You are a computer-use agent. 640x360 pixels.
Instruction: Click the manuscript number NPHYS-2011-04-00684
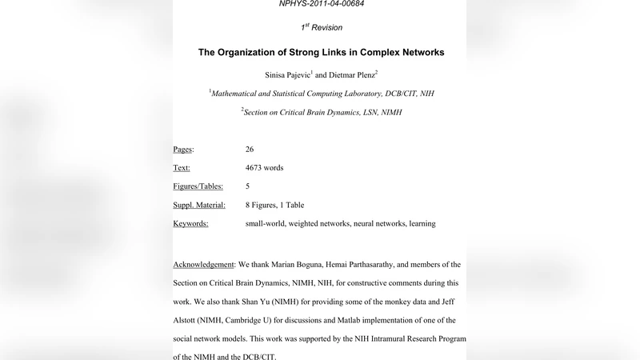pyautogui.click(x=320, y=4)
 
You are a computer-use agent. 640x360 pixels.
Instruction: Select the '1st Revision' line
pyautogui.click(x=320, y=27)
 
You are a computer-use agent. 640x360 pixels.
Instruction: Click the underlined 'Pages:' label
pyautogui.click(x=183, y=150)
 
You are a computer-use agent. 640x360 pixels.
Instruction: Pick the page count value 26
pyautogui.click(x=250, y=150)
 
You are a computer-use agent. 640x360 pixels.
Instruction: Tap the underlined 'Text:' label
pyautogui.click(x=181, y=168)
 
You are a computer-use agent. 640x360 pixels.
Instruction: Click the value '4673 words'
pyautogui.click(x=264, y=168)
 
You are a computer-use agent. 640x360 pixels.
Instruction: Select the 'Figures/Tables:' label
pyautogui.click(x=198, y=186)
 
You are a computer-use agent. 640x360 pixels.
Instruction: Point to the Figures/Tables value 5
pyautogui.click(x=248, y=186)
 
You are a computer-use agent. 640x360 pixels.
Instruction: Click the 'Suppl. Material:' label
pyautogui.click(x=199, y=205)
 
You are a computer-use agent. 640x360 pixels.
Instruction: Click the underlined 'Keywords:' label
pyautogui.click(x=190, y=223)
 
